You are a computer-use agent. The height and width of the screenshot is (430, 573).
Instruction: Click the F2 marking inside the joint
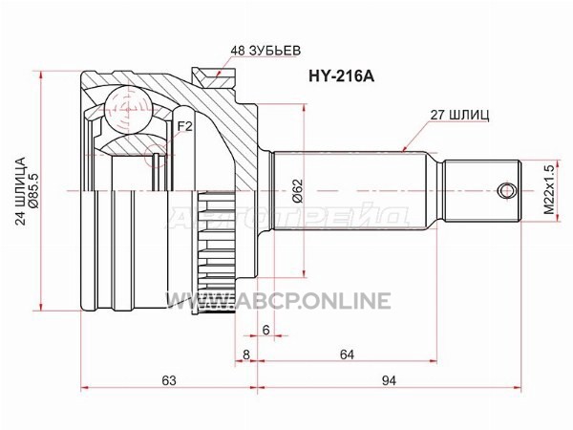coord(185,126)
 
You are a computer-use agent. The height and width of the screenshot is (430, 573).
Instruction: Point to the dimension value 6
coord(266,328)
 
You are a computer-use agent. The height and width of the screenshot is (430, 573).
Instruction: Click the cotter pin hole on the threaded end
coord(503,188)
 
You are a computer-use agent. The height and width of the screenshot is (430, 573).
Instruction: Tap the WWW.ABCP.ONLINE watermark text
coord(278,301)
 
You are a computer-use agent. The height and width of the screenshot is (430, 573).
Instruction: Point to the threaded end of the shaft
coord(482,188)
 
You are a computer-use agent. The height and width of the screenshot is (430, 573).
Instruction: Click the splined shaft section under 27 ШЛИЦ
coord(358,188)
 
